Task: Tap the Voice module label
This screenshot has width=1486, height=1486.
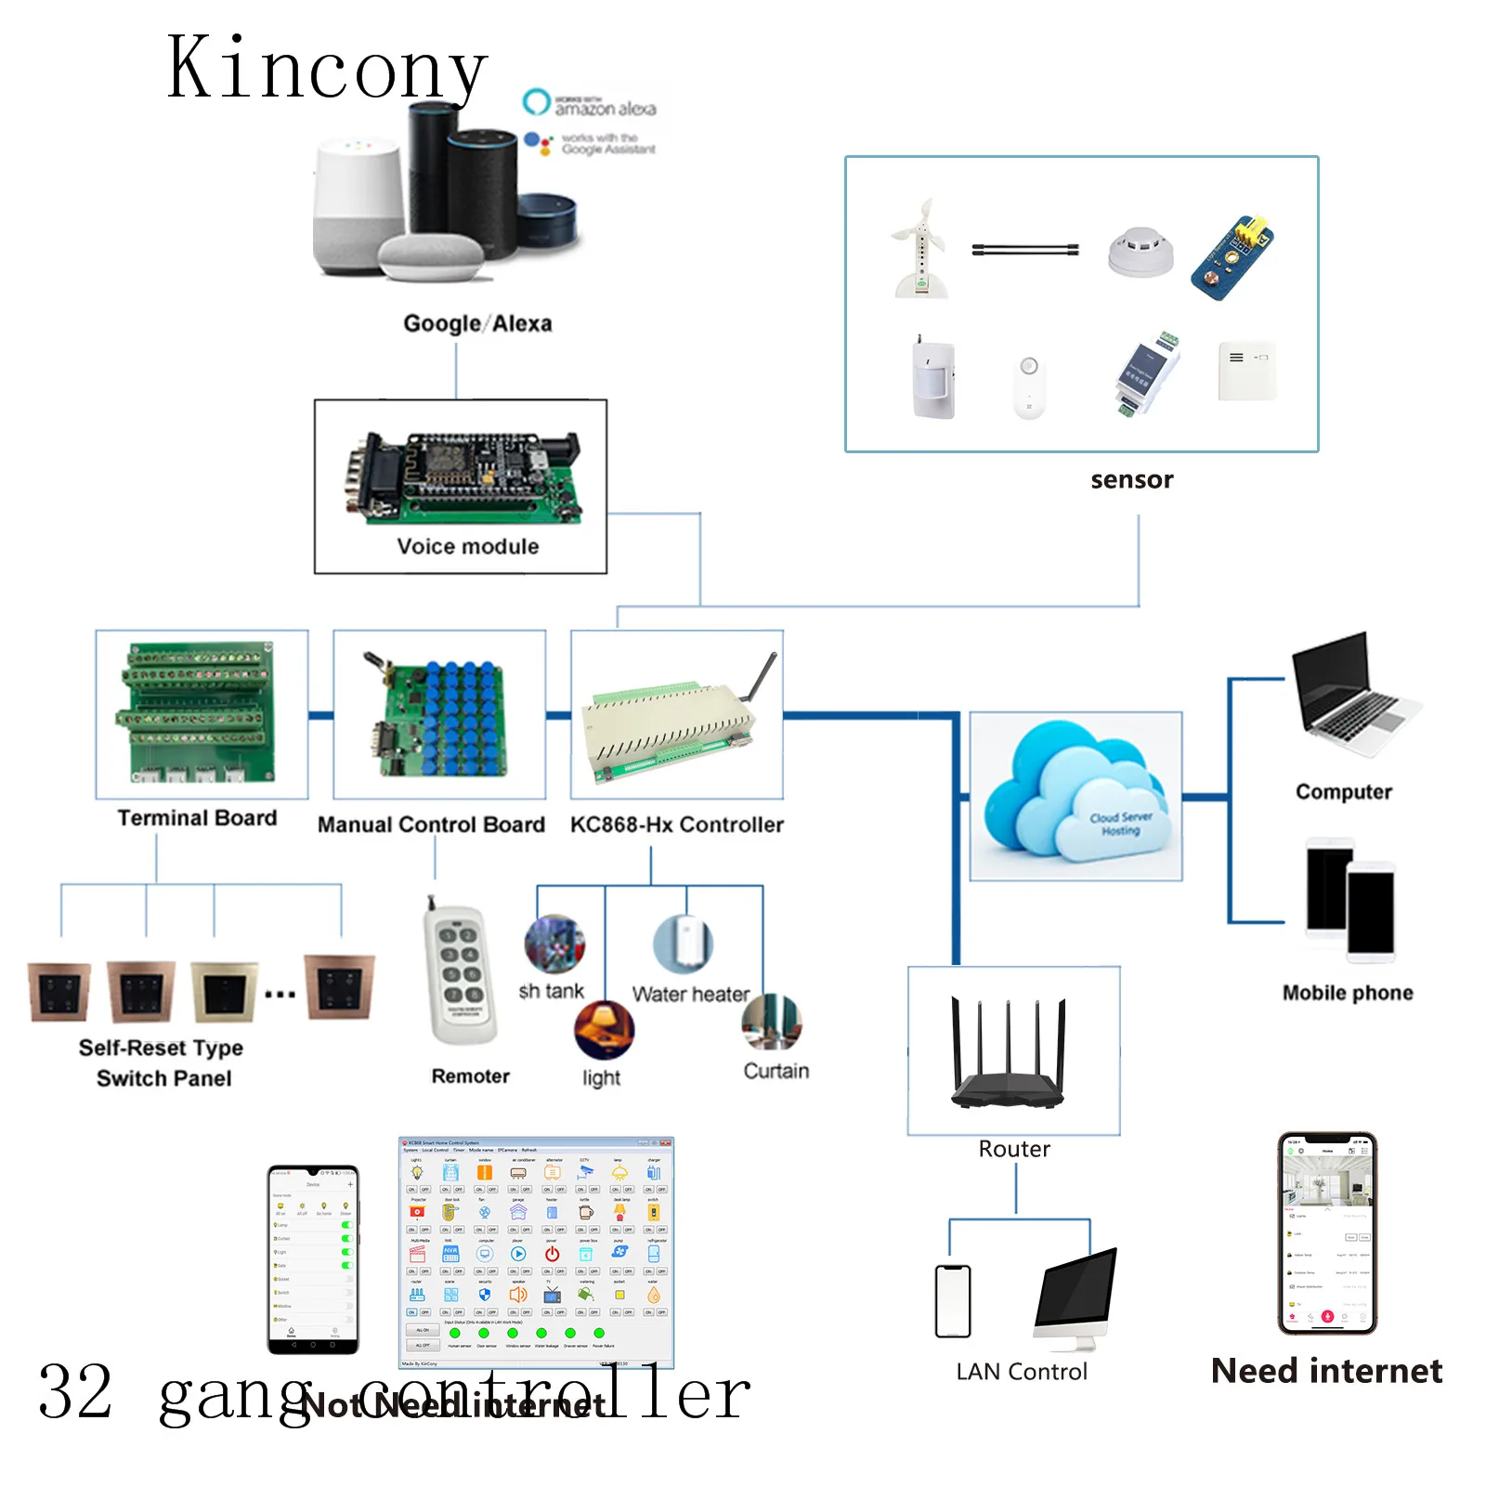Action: [x=467, y=546]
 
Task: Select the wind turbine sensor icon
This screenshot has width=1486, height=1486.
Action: [x=919, y=249]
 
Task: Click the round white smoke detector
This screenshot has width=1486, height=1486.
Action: [x=1141, y=251]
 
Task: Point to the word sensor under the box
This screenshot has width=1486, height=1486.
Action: [x=1131, y=479]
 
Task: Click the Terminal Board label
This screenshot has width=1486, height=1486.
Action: [x=197, y=817]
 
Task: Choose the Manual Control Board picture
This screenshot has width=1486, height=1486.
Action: [x=438, y=715]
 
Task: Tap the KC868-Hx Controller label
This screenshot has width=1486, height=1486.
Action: [x=676, y=824]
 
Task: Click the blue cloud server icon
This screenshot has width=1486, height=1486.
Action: [x=1075, y=795]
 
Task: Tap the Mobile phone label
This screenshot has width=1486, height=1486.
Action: [x=1347, y=992]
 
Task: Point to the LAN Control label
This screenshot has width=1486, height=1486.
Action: [x=1021, y=1371]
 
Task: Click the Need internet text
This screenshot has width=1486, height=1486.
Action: [x=1326, y=1370]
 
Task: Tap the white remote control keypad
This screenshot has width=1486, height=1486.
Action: [x=461, y=975]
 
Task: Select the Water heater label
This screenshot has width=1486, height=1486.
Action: [x=690, y=994]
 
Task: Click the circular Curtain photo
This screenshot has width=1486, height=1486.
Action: [x=771, y=1022]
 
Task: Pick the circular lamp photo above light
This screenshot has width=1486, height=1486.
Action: [x=604, y=1029]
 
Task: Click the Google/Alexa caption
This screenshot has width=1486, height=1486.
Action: [x=477, y=323]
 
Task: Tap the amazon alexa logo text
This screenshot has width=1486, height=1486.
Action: [x=605, y=108]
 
